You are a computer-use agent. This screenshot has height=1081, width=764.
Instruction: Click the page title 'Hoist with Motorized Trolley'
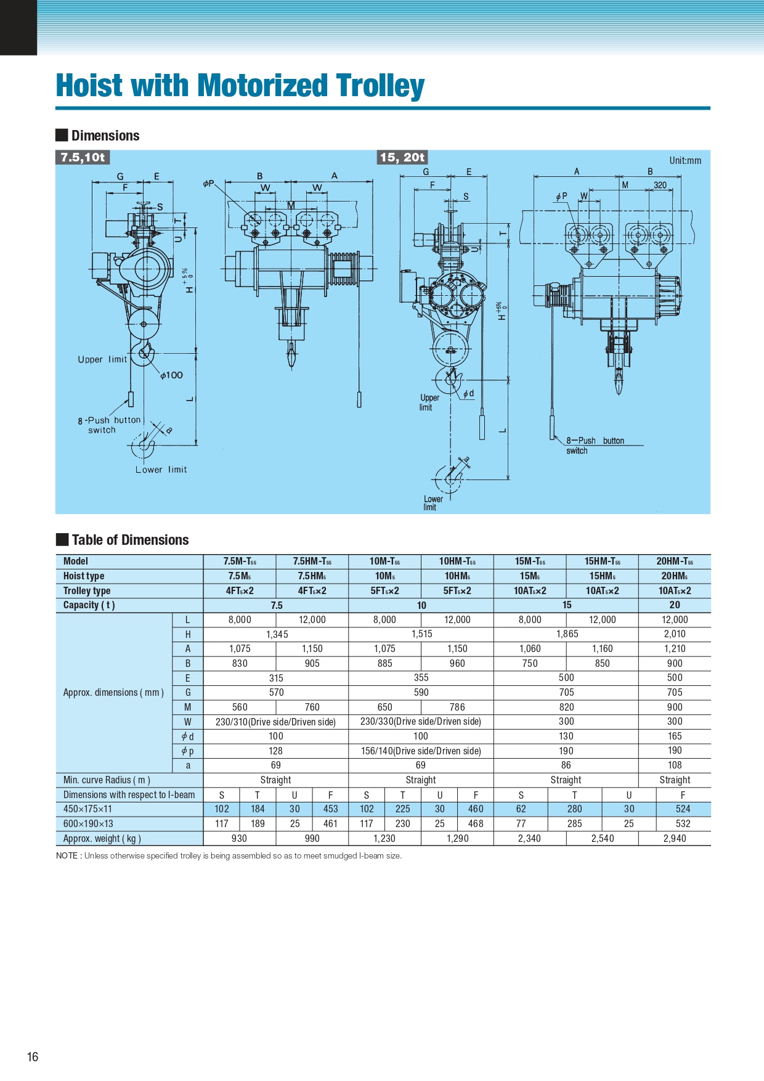[240, 86]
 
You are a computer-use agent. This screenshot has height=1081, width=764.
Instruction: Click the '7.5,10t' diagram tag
[83, 157]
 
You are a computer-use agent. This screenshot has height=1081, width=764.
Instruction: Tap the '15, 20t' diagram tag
[402, 157]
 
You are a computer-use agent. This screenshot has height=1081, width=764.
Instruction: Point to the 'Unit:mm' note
[685, 161]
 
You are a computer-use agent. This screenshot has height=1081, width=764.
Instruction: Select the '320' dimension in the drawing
[660, 185]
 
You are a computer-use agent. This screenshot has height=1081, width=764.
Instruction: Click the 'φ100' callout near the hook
[172, 375]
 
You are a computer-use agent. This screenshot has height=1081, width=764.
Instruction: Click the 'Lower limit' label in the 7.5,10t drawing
[161, 470]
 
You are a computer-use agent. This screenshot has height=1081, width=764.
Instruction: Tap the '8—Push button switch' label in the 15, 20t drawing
[595, 445]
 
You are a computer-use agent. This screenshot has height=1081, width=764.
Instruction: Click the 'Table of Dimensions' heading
[130, 540]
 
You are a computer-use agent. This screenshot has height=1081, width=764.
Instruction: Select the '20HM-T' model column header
[674, 561]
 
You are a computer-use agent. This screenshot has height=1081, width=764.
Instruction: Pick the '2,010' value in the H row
[675, 634]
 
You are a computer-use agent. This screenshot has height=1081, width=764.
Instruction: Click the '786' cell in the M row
[457, 708]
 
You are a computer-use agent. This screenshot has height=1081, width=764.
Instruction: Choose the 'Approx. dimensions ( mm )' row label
[113, 693]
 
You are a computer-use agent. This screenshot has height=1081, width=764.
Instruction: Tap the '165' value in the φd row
[675, 736]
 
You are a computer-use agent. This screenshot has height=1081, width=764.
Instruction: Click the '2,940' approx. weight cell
[675, 839]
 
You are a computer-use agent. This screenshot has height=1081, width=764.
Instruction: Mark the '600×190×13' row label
[88, 824]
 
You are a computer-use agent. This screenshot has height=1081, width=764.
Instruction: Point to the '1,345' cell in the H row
[277, 634]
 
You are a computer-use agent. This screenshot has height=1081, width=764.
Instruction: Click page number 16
[33, 1057]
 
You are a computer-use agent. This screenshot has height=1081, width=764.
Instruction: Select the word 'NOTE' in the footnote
[67, 856]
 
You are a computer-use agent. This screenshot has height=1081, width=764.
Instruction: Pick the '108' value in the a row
[675, 765]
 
